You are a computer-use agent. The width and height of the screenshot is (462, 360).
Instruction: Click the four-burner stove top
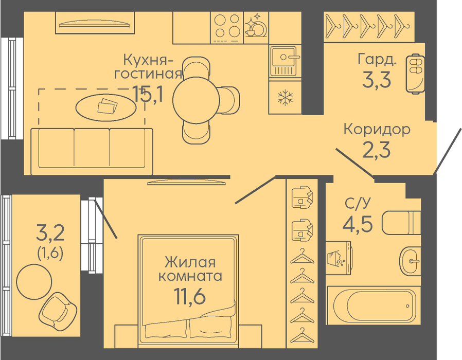(226, 28)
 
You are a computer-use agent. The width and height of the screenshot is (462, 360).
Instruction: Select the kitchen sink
(285, 61)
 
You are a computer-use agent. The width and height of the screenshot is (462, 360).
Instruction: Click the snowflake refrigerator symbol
(285, 98)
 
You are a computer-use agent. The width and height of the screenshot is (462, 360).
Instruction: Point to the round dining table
(196, 100)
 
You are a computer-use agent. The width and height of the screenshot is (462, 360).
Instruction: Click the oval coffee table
(106, 107)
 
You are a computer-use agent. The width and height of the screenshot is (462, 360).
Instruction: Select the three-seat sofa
(92, 151)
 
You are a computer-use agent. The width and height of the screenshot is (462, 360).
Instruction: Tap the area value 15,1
(148, 94)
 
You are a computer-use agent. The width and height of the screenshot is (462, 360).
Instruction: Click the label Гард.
(377, 60)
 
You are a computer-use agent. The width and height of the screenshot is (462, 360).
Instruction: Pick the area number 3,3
(377, 80)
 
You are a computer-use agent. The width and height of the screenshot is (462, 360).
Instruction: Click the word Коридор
(377, 129)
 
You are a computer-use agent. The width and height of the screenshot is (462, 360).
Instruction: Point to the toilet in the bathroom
(401, 223)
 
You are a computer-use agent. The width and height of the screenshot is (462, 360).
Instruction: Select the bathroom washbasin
(410, 261)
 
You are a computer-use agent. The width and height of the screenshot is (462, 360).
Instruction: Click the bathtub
(372, 305)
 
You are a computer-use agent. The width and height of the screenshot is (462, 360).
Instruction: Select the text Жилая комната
(190, 269)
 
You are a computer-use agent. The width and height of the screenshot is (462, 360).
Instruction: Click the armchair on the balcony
(58, 311)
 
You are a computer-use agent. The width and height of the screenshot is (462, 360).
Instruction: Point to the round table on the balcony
(34, 282)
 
